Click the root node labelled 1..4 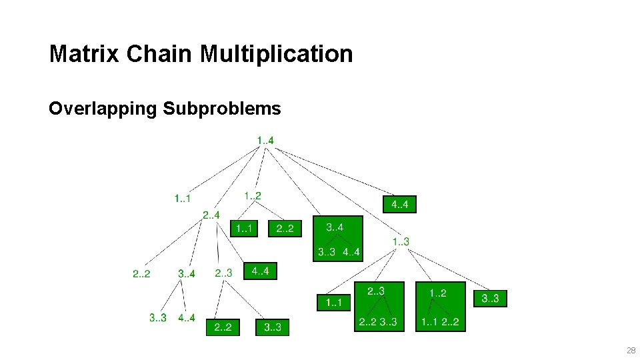265,140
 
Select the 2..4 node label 211,215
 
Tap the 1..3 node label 400,241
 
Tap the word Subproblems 221,108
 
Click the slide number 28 630,350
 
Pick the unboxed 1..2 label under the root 252,195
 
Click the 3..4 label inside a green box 335,228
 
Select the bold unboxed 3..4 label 187,273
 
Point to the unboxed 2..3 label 223,273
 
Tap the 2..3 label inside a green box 375,291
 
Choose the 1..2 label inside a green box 438,293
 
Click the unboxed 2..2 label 141,273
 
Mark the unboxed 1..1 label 182,198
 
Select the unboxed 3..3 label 158,317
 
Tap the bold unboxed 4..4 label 187,317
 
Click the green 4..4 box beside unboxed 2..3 260,271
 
